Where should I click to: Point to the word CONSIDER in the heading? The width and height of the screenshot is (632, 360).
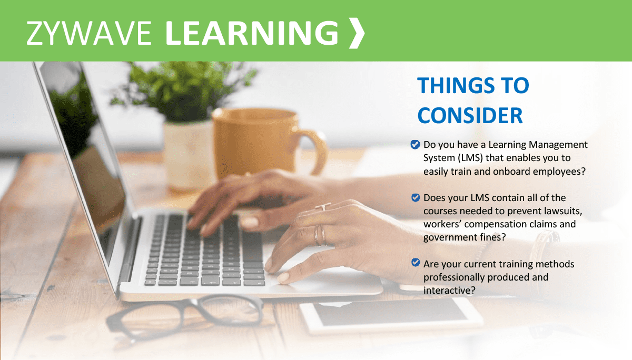(470, 115)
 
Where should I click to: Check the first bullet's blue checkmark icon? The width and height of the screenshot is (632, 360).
(415, 144)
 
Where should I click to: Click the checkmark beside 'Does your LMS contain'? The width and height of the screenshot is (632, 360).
(415, 198)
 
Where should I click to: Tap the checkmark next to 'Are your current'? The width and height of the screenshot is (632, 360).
(415, 264)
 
